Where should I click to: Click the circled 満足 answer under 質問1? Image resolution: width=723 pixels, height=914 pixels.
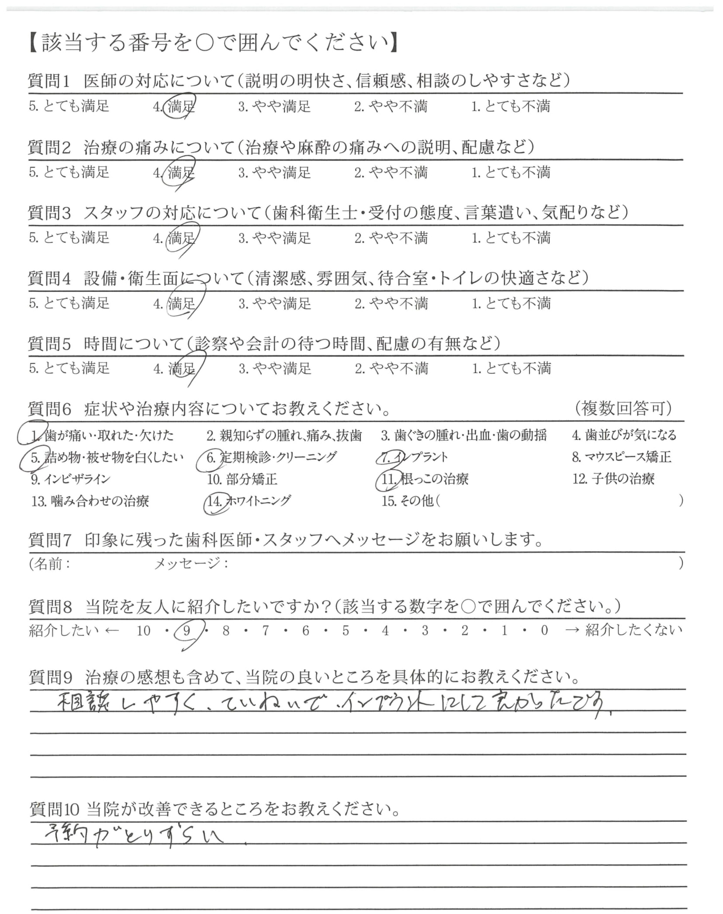tap(181, 106)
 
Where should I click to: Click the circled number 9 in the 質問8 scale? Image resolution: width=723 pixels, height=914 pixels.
tap(187, 631)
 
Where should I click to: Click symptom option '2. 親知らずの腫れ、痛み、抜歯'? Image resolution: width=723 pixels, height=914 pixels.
tap(284, 436)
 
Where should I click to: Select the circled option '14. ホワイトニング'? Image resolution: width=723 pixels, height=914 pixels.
tap(249, 501)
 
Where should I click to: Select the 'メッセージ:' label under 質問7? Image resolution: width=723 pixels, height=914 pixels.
tap(191, 564)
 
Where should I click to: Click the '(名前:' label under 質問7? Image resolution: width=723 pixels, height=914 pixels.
tap(50, 564)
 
